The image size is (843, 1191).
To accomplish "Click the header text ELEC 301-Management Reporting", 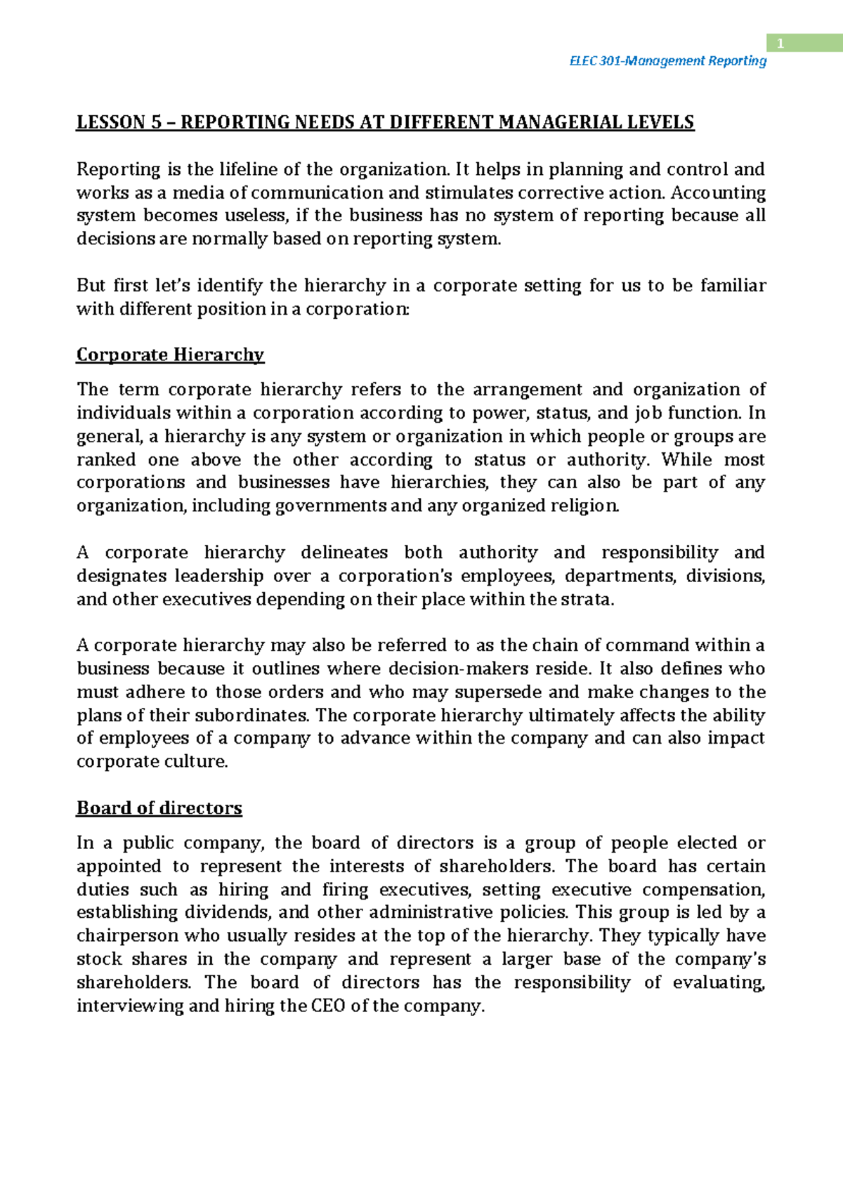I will (x=667, y=61).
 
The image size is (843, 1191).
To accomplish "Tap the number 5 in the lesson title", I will (x=156, y=123).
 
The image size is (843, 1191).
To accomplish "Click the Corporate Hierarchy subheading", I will (x=170, y=355).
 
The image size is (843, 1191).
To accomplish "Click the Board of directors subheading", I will (x=159, y=808).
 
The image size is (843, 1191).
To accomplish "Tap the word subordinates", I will (x=251, y=716).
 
